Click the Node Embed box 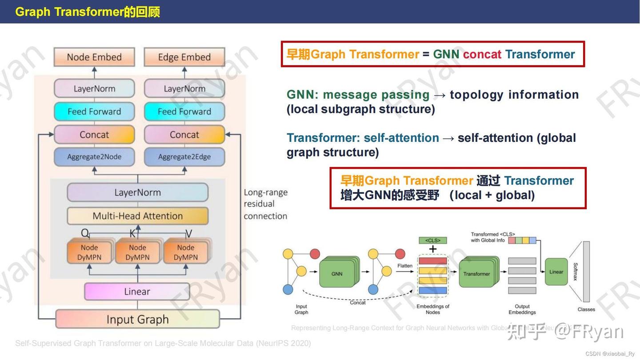(x=94, y=57)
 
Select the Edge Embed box (x=184, y=57)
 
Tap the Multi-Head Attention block (x=137, y=216)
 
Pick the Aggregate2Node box (x=94, y=156)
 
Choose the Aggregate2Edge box (x=184, y=156)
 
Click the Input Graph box (x=137, y=319)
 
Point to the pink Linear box (x=137, y=292)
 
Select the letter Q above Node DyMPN (x=85, y=233)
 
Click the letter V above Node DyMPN (x=188, y=233)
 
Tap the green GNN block (x=337, y=273)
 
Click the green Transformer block (x=477, y=273)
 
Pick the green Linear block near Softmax (x=556, y=272)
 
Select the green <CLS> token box (x=432, y=240)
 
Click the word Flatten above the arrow (x=404, y=266)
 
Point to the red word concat (x=482, y=54)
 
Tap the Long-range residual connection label (x=265, y=204)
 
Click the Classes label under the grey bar (x=586, y=309)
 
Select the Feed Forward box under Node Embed (x=94, y=112)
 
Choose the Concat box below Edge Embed (x=184, y=134)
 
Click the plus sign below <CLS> (x=432, y=249)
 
